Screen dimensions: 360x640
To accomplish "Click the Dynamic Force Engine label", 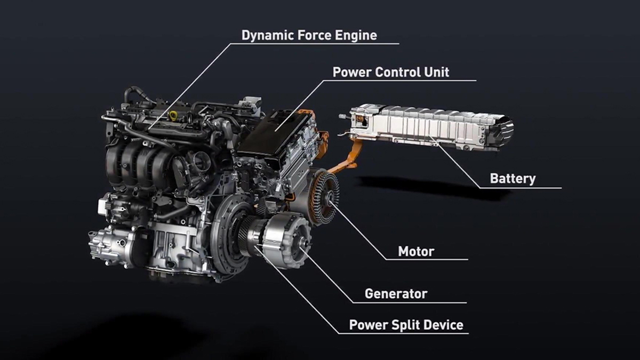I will (x=309, y=36).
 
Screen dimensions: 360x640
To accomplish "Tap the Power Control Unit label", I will (x=390, y=72).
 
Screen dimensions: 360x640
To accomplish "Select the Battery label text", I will (x=512, y=179).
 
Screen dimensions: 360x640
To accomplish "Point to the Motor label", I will (x=416, y=251).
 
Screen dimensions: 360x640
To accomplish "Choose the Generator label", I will (x=396, y=293).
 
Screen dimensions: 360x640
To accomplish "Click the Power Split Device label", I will (x=406, y=325).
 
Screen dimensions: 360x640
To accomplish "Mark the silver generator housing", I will (x=285, y=237).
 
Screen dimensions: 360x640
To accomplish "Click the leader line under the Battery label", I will (x=525, y=188).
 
